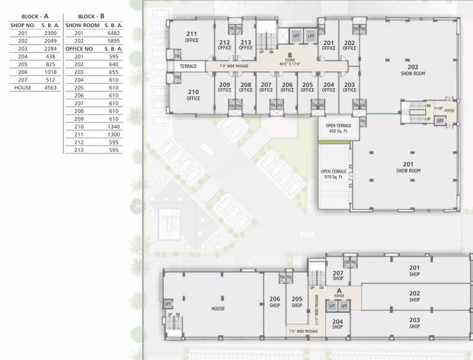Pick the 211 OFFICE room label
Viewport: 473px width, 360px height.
[x=191, y=37]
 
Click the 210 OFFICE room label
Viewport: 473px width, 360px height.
[x=193, y=95]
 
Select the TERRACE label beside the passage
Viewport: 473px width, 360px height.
[x=189, y=66]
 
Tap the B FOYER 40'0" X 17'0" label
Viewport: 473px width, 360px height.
[x=290, y=59]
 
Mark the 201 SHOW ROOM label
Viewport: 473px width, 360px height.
[x=408, y=167]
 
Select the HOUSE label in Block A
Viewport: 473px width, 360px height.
[x=218, y=309]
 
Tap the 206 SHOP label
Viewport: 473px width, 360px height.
[x=274, y=301]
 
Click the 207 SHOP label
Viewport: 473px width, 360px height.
[x=338, y=275]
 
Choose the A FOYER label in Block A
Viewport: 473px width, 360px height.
[x=339, y=293]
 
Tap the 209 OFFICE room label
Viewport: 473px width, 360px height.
[x=224, y=87]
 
